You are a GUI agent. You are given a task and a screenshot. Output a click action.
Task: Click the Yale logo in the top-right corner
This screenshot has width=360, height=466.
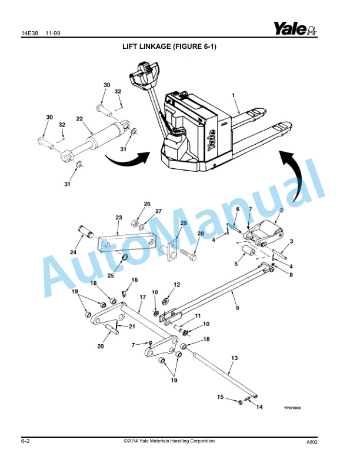click(295, 28)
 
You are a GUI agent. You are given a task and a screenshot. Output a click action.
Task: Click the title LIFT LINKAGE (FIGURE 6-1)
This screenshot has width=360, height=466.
click(169, 46)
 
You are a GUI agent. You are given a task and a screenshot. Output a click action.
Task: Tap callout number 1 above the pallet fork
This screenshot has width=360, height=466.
click(234, 95)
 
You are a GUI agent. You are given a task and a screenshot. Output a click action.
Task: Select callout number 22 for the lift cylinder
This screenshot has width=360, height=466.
click(79, 119)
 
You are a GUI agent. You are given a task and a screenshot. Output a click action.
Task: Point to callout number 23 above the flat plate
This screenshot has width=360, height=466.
click(119, 218)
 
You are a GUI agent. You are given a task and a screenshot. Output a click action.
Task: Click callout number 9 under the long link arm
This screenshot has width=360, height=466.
click(237, 308)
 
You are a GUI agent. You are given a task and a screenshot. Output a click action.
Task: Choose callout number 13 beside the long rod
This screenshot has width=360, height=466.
click(234, 358)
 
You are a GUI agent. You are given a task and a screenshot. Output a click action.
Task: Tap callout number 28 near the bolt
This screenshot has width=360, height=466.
click(201, 234)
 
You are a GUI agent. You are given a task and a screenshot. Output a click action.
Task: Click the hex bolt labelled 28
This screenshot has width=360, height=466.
click(188, 255)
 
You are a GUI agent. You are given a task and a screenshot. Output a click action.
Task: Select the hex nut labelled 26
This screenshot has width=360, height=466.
click(134, 222)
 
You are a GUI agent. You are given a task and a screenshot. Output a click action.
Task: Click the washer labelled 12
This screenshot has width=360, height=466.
click(165, 301)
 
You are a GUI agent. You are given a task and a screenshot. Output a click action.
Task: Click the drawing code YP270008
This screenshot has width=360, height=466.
click(292, 408)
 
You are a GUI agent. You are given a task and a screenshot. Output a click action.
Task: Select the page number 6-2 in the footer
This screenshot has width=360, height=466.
click(25, 441)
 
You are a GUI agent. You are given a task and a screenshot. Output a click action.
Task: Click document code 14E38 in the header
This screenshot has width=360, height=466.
click(29, 34)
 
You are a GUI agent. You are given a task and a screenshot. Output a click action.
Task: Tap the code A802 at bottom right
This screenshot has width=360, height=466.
click(312, 442)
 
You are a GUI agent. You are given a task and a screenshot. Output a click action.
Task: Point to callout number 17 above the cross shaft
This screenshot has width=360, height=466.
click(142, 297)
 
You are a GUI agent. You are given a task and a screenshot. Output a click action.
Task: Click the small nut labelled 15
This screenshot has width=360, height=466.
click(240, 402)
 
